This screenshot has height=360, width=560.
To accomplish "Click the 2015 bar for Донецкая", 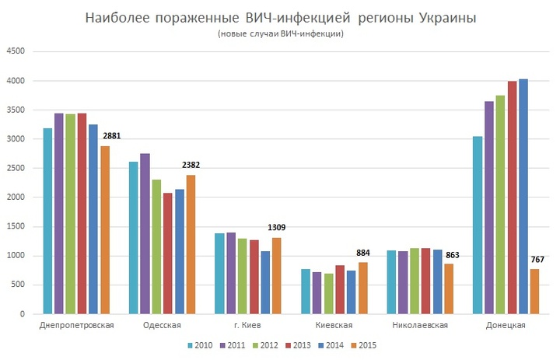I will coord(534,292).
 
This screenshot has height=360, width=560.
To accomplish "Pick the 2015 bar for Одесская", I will coord(191,245).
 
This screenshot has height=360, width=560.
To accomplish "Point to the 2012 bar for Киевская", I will coord(328,294).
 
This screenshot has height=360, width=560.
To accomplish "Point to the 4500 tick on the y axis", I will coord(16,51).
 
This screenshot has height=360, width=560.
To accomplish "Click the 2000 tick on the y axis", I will coord(16,197).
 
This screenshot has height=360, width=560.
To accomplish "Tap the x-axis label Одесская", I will coord(163,325).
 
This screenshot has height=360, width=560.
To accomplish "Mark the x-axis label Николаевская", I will coord(420,325).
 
